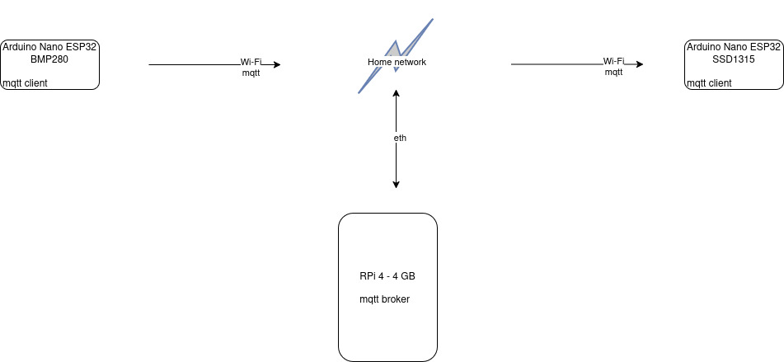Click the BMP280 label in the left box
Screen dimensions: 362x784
[x=50, y=59]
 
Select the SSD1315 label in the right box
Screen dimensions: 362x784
[x=734, y=59]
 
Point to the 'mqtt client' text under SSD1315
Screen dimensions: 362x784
[x=709, y=83]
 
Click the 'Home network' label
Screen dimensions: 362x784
[x=397, y=62]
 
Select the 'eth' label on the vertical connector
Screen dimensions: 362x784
[x=400, y=138]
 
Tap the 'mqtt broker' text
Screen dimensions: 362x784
[x=384, y=299]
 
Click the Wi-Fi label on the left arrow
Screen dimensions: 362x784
[x=251, y=62]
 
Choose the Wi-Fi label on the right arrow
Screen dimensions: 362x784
[x=614, y=61]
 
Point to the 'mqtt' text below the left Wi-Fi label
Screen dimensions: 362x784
[x=251, y=73]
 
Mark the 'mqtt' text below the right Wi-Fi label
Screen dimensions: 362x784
[x=614, y=73]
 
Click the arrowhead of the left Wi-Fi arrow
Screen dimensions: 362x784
[x=276, y=64]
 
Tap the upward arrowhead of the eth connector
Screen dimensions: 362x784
[x=397, y=93]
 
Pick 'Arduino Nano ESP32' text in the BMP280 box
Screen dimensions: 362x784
[x=50, y=47]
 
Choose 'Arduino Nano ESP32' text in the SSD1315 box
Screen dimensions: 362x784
[x=734, y=47]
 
